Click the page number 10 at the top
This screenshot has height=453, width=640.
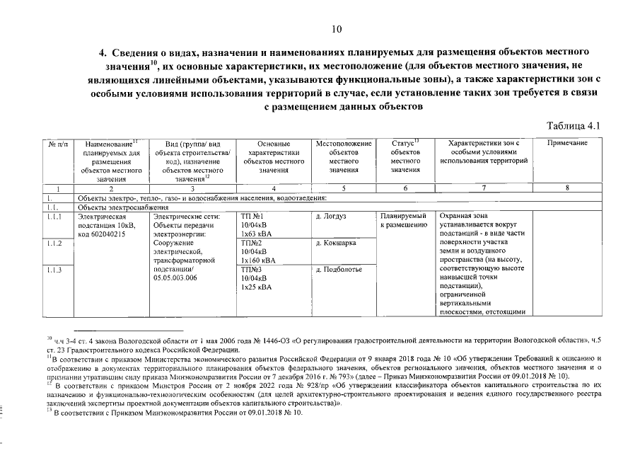(x=336, y=29)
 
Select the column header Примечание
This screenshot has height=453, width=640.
(x=567, y=144)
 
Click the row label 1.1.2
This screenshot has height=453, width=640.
(x=54, y=243)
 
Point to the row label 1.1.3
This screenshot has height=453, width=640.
(x=54, y=269)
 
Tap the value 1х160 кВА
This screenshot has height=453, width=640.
(x=257, y=260)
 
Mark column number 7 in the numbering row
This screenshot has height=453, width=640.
(x=484, y=188)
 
